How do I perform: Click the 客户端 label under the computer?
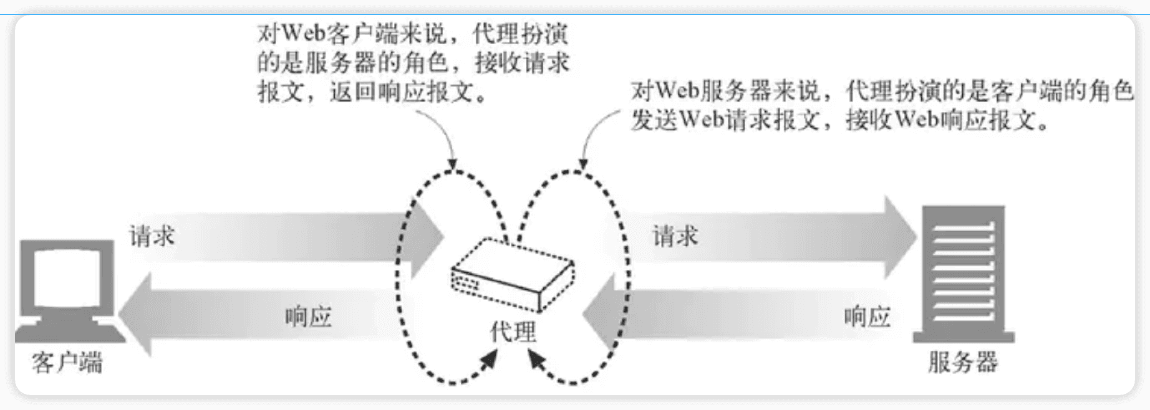pos(67,362)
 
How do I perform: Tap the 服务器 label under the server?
pos(963,362)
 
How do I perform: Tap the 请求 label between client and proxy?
pos(152,235)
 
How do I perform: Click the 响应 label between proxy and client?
pos(308,316)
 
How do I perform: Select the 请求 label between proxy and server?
pos(675,235)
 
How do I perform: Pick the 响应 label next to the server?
pos(867,316)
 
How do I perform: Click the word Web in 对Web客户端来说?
pos(304,33)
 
